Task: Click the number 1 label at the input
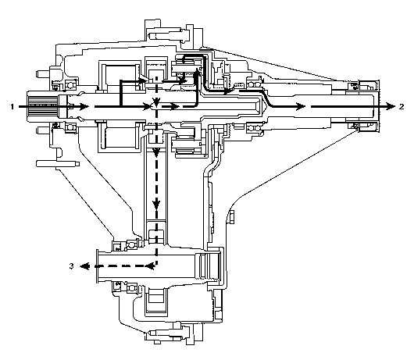coord(12,106)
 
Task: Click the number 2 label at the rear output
coord(402,106)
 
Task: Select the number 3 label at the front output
coord(71,266)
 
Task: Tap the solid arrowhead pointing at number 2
coord(391,106)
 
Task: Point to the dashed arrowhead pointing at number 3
coord(84,266)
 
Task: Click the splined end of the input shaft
coord(42,106)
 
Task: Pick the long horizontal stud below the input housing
coord(58,164)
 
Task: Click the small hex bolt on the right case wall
coord(231,217)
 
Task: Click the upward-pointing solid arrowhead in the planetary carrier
coord(197,72)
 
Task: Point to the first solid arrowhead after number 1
coord(84,106)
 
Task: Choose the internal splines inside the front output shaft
coord(209,265)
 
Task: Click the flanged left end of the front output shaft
coord(98,266)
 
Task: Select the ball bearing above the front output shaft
coord(131,244)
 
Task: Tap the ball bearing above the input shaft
coord(70,85)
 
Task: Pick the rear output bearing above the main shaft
coord(255,84)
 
